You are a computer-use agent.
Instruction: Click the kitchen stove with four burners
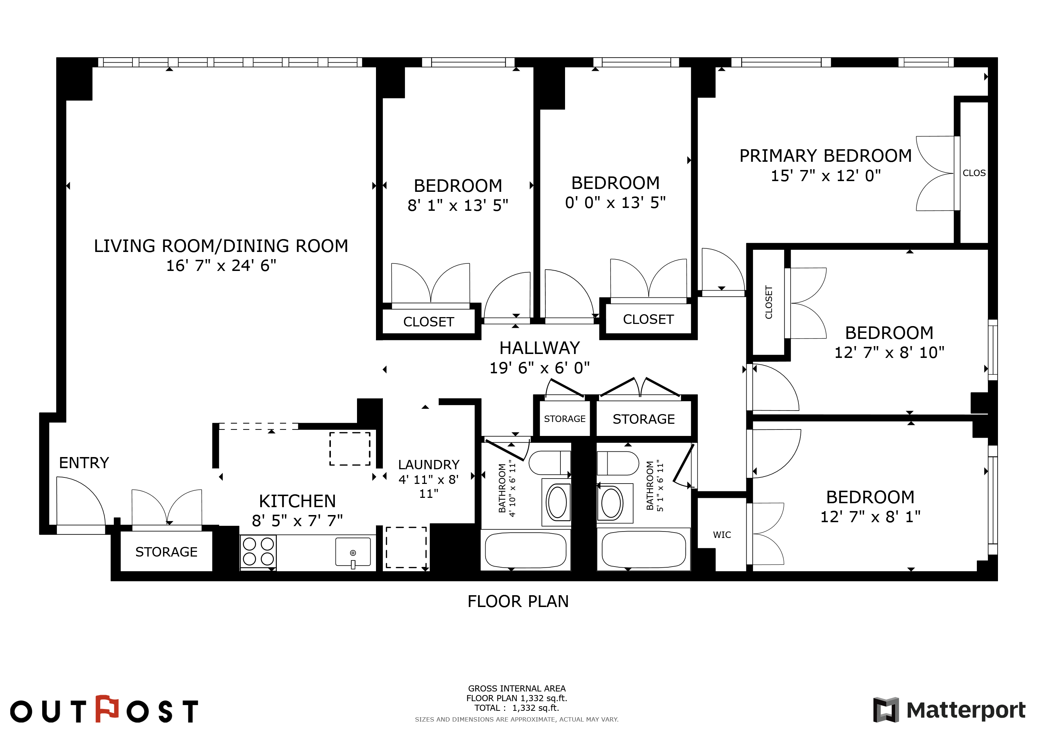click(x=258, y=552)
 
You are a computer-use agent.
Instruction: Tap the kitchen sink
click(x=353, y=551)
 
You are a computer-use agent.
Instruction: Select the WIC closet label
click(x=722, y=535)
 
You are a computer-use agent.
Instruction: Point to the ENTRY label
click(x=84, y=463)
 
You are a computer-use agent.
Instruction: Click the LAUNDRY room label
click(x=429, y=465)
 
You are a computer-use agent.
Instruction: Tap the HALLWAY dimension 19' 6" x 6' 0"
click(x=540, y=368)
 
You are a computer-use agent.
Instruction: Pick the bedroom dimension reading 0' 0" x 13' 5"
click(x=615, y=203)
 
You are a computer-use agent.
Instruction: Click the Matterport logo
click(x=949, y=710)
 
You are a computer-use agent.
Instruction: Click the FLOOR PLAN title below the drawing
click(x=518, y=602)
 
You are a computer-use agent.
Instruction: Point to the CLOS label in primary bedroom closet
click(x=974, y=173)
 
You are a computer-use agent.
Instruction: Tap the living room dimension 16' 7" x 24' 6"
click(x=221, y=266)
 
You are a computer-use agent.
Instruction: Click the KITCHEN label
click(x=297, y=501)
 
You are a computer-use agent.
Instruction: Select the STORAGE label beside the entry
click(x=166, y=552)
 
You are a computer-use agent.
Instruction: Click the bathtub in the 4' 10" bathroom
click(x=525, y=549)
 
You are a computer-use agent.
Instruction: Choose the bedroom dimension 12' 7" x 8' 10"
click(x=889, y=353)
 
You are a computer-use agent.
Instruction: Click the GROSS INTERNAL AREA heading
click(x=517, y=688)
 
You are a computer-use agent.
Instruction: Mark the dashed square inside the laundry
click(x=406, y=547)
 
